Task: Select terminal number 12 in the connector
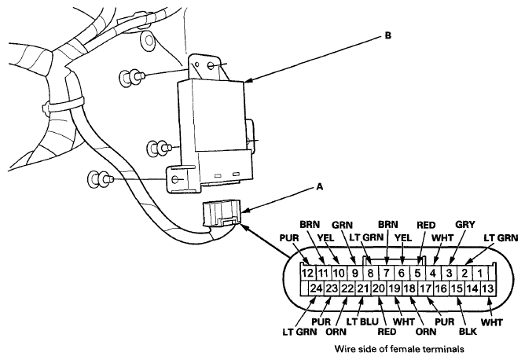pos(308,273)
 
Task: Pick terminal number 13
pos(489,288)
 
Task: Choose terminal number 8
pos(369,273)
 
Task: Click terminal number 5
pos(418,273)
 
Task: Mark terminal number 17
pos(426,288)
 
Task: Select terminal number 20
pos(378,288)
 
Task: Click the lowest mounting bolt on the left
pos(101,180)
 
